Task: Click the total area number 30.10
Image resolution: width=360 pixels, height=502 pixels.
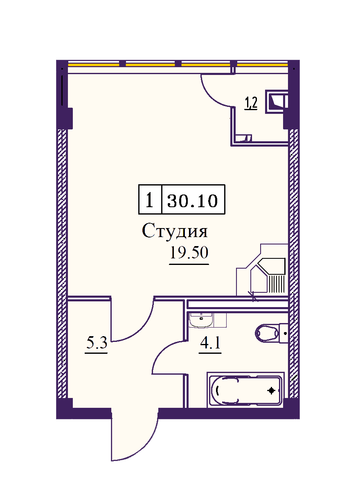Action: (192, 200)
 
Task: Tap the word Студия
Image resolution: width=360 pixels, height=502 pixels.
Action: (175, 231)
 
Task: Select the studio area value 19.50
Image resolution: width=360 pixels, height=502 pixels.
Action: (189, 253)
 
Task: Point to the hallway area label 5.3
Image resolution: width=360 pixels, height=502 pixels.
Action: (97, 343)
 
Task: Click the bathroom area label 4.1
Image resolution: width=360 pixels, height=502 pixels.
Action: (210, 343)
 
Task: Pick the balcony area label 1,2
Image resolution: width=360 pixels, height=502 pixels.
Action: (251, 103)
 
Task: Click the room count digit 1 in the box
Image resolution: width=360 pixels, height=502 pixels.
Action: (150, 200)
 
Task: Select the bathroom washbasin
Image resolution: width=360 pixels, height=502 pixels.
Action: (201, 320)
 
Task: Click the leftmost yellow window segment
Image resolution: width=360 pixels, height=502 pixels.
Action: (94, 65)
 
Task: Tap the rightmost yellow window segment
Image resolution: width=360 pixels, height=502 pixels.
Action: (262, 65)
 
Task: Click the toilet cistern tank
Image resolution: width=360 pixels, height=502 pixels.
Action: (283, 333)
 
